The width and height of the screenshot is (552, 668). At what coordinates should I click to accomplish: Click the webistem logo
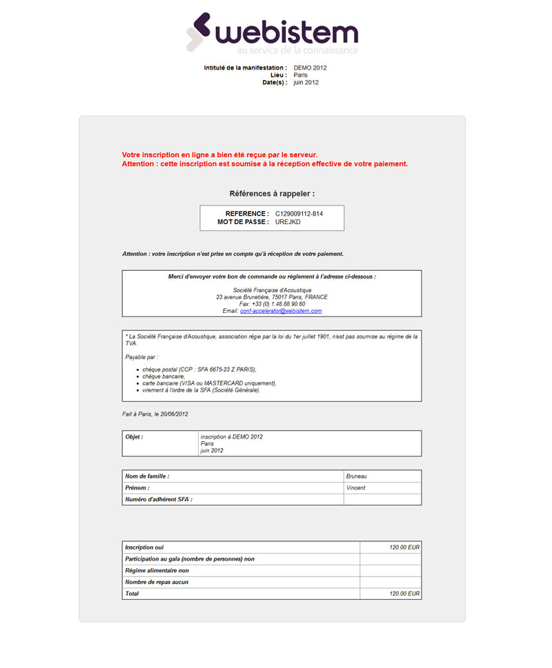point(272,32)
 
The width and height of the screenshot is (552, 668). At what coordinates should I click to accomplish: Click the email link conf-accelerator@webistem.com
point(281,311)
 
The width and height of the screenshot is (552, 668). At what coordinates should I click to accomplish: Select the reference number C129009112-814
point(299,214)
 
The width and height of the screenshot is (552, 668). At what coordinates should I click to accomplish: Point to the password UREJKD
point(288,222)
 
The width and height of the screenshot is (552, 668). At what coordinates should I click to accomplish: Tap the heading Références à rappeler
point(272,194)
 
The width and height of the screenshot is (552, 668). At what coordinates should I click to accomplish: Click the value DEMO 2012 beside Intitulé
point(310,68)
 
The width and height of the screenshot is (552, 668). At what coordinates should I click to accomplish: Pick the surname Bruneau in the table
point(357,476)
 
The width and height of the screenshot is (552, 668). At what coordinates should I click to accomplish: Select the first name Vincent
point(356,488)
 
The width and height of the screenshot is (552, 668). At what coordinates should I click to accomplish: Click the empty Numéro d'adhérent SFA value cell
point(382,499)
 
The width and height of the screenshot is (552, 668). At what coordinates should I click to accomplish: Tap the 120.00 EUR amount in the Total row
point(404,594)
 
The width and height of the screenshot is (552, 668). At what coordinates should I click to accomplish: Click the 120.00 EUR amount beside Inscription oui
point(404,547)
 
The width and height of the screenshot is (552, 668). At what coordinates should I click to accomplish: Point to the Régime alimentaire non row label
point(157,571)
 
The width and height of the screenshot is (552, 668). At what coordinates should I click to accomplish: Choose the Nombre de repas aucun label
point(157,583)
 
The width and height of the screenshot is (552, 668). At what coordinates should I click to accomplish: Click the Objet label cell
point(135,437)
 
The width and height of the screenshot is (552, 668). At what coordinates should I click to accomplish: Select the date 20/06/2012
point(172,414)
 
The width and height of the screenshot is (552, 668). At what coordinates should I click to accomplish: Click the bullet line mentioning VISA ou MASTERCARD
point(209,383)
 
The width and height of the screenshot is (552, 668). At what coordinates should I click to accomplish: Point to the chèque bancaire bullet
point(164,376)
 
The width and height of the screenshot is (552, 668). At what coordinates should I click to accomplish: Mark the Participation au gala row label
point(190,559)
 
